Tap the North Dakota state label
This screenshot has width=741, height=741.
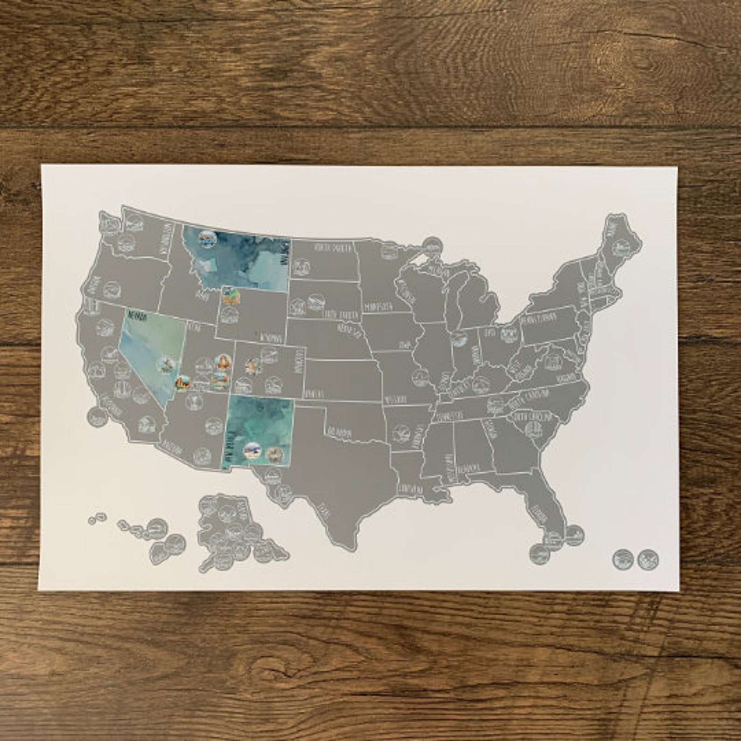(332, 247)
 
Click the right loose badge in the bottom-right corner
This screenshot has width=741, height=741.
(648, 558)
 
